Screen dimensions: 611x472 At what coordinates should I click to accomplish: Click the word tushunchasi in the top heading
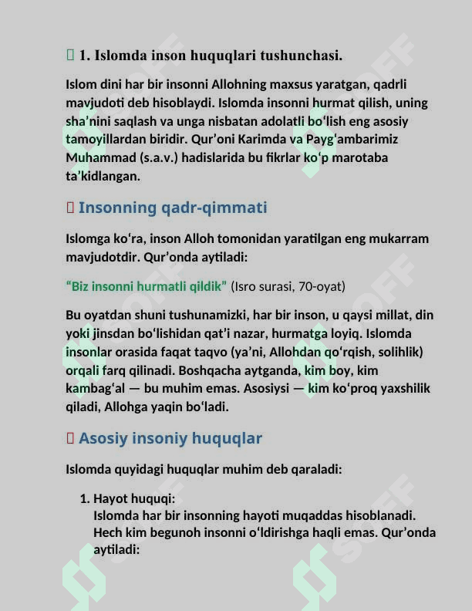[x=302, y=56]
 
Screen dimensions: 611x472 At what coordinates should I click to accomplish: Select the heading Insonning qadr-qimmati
[x=173, y=208]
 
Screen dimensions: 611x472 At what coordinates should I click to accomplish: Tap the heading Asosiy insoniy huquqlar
[x=170, y=438]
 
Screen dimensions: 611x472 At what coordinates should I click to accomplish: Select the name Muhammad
[x=96, y=158]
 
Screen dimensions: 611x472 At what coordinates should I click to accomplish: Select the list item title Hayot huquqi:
[x=134, y=499]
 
